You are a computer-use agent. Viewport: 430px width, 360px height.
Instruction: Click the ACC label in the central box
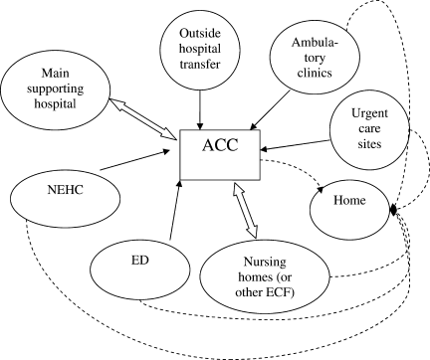pos(220,145)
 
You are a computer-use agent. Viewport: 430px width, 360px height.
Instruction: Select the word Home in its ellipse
pos(349,200)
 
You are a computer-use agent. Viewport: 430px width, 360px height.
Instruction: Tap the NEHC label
pos(65,190)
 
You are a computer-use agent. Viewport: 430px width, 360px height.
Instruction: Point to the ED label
pos(139,261)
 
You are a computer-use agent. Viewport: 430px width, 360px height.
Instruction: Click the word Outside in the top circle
pos(200,33)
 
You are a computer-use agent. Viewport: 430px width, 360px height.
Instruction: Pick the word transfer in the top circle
pos(200,64)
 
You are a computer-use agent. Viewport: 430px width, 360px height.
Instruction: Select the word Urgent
pos(369,113)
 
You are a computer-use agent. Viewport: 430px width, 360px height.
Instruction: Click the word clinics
pos(315,73)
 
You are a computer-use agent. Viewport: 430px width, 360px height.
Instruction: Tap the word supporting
pos(55,89)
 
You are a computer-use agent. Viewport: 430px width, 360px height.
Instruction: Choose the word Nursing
pos(265,262)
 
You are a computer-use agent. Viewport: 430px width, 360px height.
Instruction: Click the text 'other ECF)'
pos(265,292)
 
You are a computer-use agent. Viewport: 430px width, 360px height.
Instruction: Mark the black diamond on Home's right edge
pos(393,210)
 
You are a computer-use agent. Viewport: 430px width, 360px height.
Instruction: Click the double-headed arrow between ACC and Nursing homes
pos(245,210)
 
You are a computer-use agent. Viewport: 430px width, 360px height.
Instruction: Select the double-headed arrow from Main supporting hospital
pos(142,118)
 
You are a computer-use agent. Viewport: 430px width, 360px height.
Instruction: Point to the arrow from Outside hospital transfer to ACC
pos(200,109)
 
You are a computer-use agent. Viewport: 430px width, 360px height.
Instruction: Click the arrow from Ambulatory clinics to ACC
pos(270,109)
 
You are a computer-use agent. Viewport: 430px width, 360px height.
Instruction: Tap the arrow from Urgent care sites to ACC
pos(295,145)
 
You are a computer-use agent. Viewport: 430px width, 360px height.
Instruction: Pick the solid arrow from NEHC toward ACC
pos(134,160)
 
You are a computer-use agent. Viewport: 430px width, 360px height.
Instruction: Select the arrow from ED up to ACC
pos(175,210)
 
